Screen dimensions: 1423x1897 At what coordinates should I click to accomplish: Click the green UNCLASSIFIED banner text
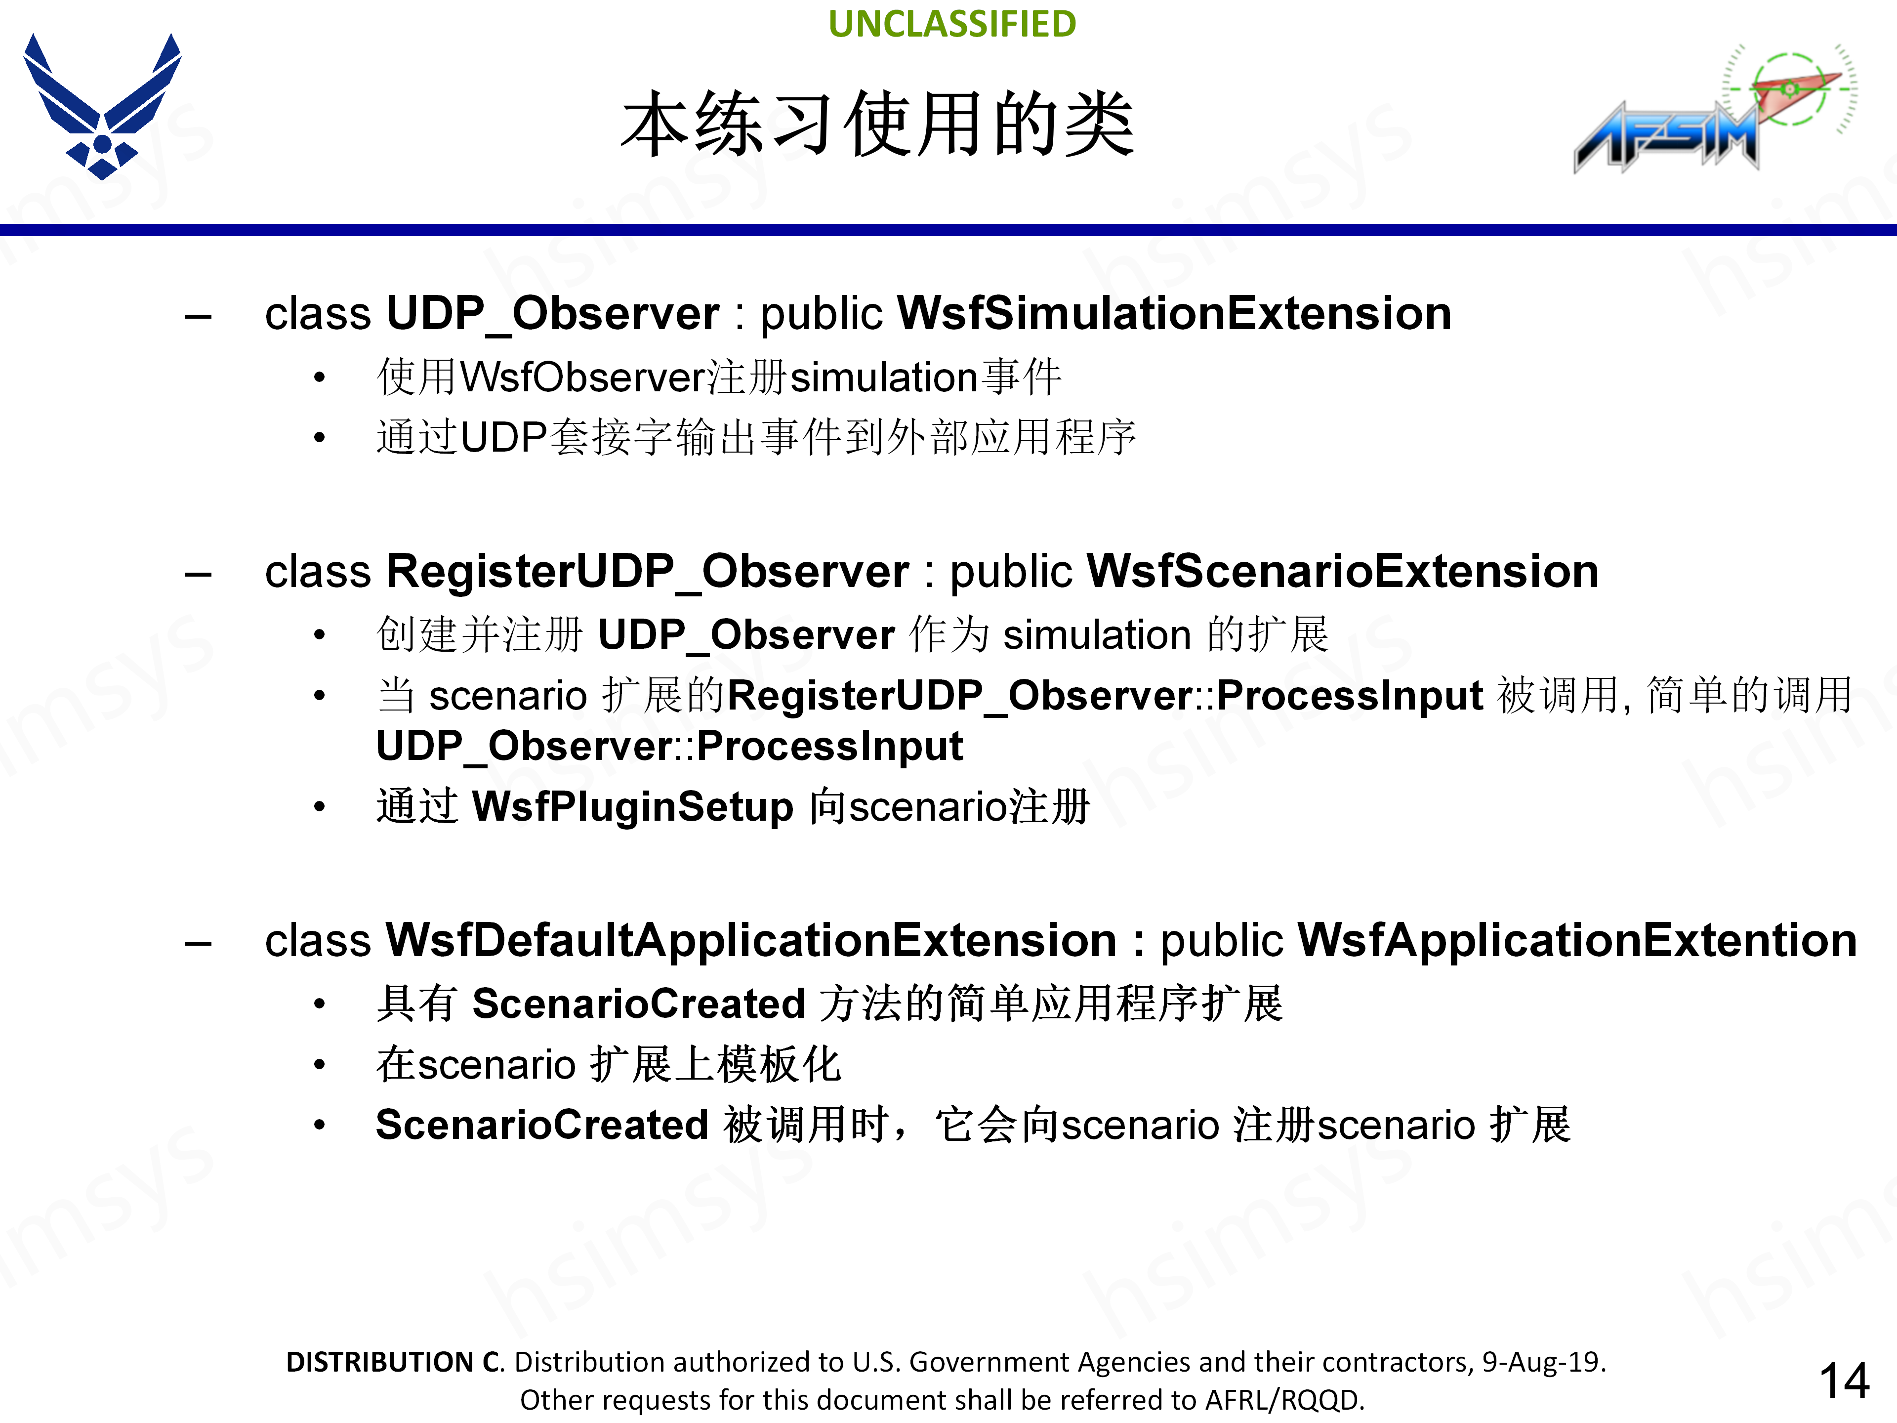[x=952, y=24]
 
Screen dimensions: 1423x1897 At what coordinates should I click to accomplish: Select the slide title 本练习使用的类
[x=877, y=125]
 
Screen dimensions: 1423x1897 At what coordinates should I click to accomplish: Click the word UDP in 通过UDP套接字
[x=503, y=437]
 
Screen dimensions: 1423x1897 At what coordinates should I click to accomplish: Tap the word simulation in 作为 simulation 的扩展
[x=1097, y=635]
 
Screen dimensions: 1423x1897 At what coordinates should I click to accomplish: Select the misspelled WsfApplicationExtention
[x=1576, y=940]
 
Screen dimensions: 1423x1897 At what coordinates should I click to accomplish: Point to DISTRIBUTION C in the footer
[x=395, y=1362]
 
